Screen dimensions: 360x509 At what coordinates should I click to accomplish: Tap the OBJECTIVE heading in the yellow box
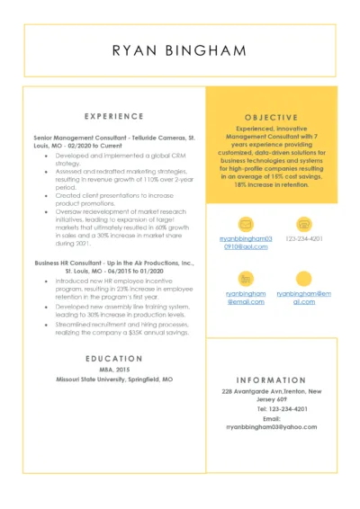[271, 117]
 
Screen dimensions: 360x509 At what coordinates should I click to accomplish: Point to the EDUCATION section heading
[112, 359]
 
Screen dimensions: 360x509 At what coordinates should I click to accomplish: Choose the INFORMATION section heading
[271, 380]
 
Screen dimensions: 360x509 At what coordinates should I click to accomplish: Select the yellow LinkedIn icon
[245, 278]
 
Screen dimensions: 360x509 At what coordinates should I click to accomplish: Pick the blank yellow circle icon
[303, 278]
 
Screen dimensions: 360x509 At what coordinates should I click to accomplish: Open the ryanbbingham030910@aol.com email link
[245, 242]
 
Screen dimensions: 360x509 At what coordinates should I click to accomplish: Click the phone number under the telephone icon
[304, 238]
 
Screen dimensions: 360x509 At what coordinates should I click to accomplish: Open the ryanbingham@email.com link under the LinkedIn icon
[245, 298]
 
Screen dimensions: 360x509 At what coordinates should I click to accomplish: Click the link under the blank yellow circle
[304, 298]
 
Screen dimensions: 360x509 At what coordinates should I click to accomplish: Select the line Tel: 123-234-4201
[271, 409]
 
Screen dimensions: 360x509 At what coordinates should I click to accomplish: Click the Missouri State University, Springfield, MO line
[112, 380]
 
